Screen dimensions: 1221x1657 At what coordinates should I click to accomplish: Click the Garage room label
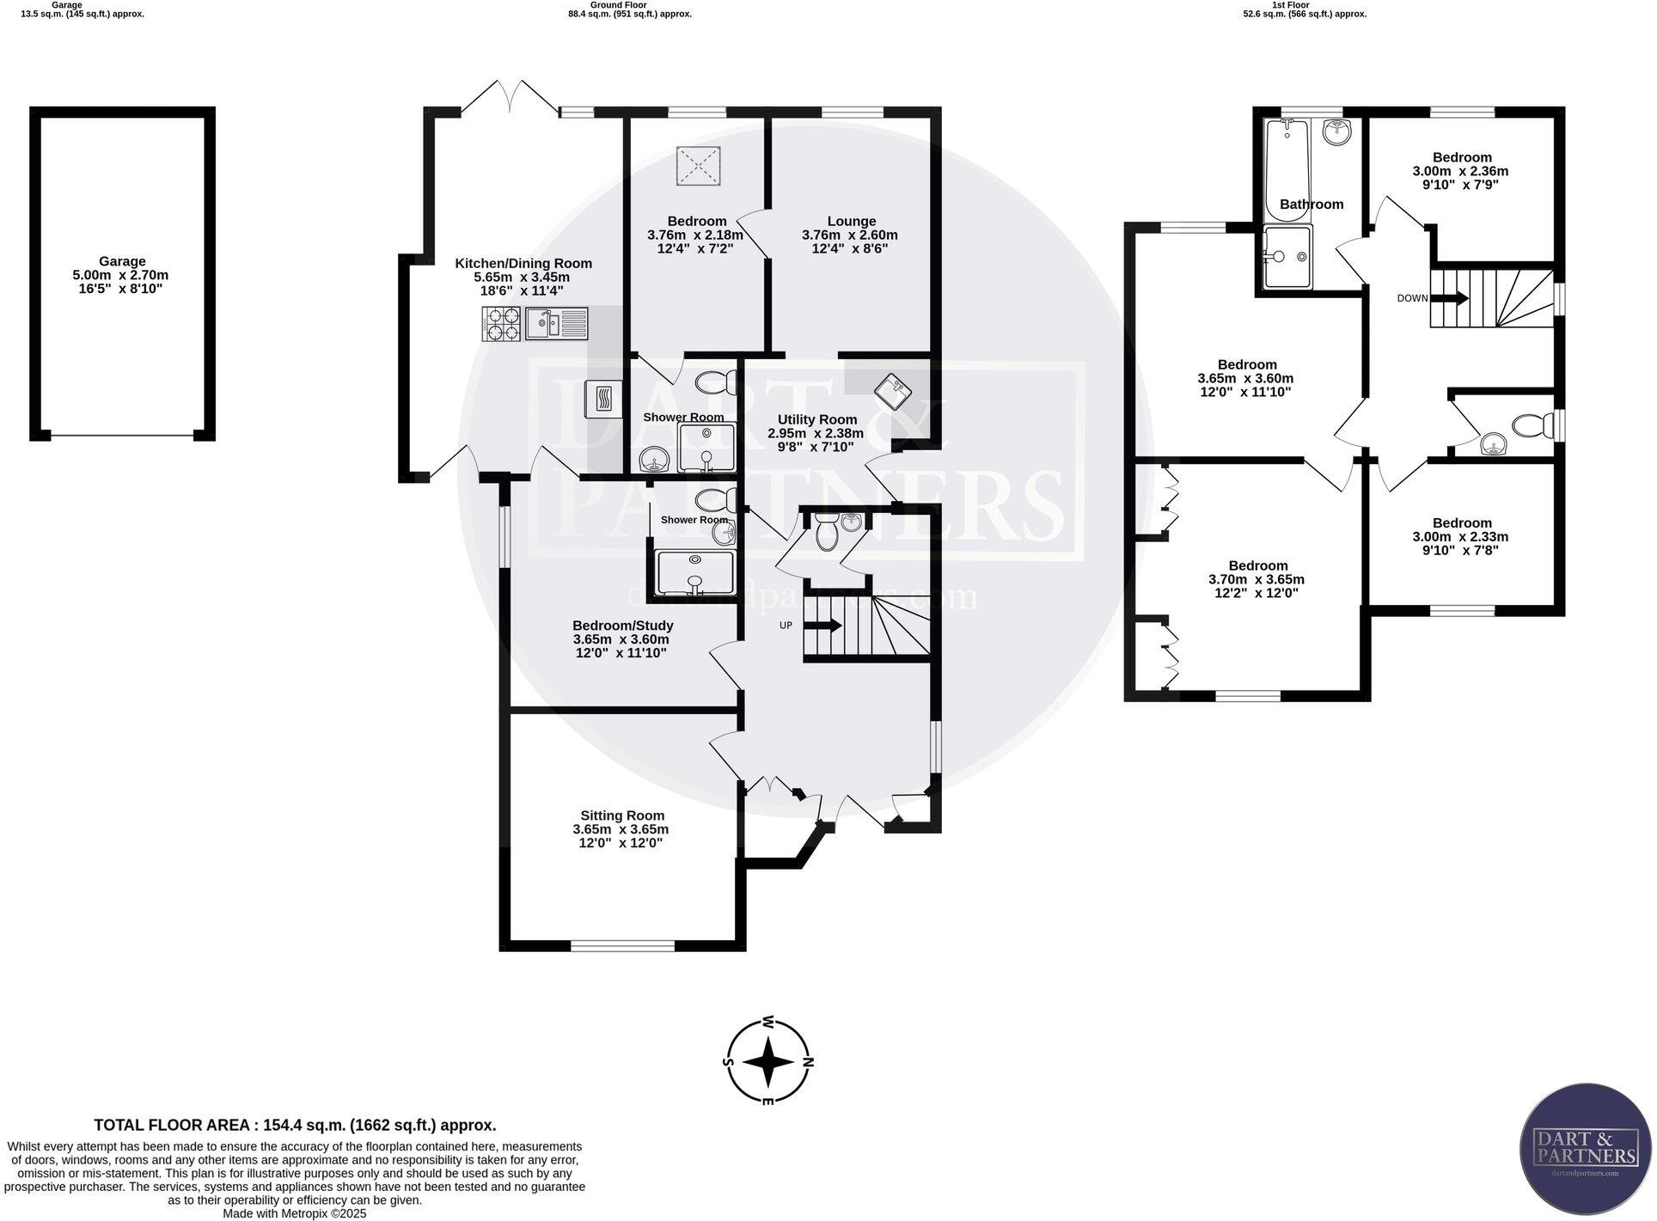coord(121,261)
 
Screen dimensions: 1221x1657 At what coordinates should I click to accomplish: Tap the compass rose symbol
coord(768,1062)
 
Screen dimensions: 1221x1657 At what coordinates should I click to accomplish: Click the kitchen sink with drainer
coord(556,323)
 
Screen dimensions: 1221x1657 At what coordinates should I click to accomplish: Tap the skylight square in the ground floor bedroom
coord(699,165)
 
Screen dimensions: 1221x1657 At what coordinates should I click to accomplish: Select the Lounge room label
coord(851,221)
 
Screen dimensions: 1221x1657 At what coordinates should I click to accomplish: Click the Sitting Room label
coord(621,815)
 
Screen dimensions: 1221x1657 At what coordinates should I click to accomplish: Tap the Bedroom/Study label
coord(622,626)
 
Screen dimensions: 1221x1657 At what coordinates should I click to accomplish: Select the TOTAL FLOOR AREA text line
coord(295,1125)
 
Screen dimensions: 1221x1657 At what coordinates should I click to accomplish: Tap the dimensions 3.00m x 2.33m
coord(1461,536)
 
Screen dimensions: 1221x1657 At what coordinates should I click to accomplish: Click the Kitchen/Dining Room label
coord(523,263)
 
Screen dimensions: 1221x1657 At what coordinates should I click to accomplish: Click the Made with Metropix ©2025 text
coord(295,1214)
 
